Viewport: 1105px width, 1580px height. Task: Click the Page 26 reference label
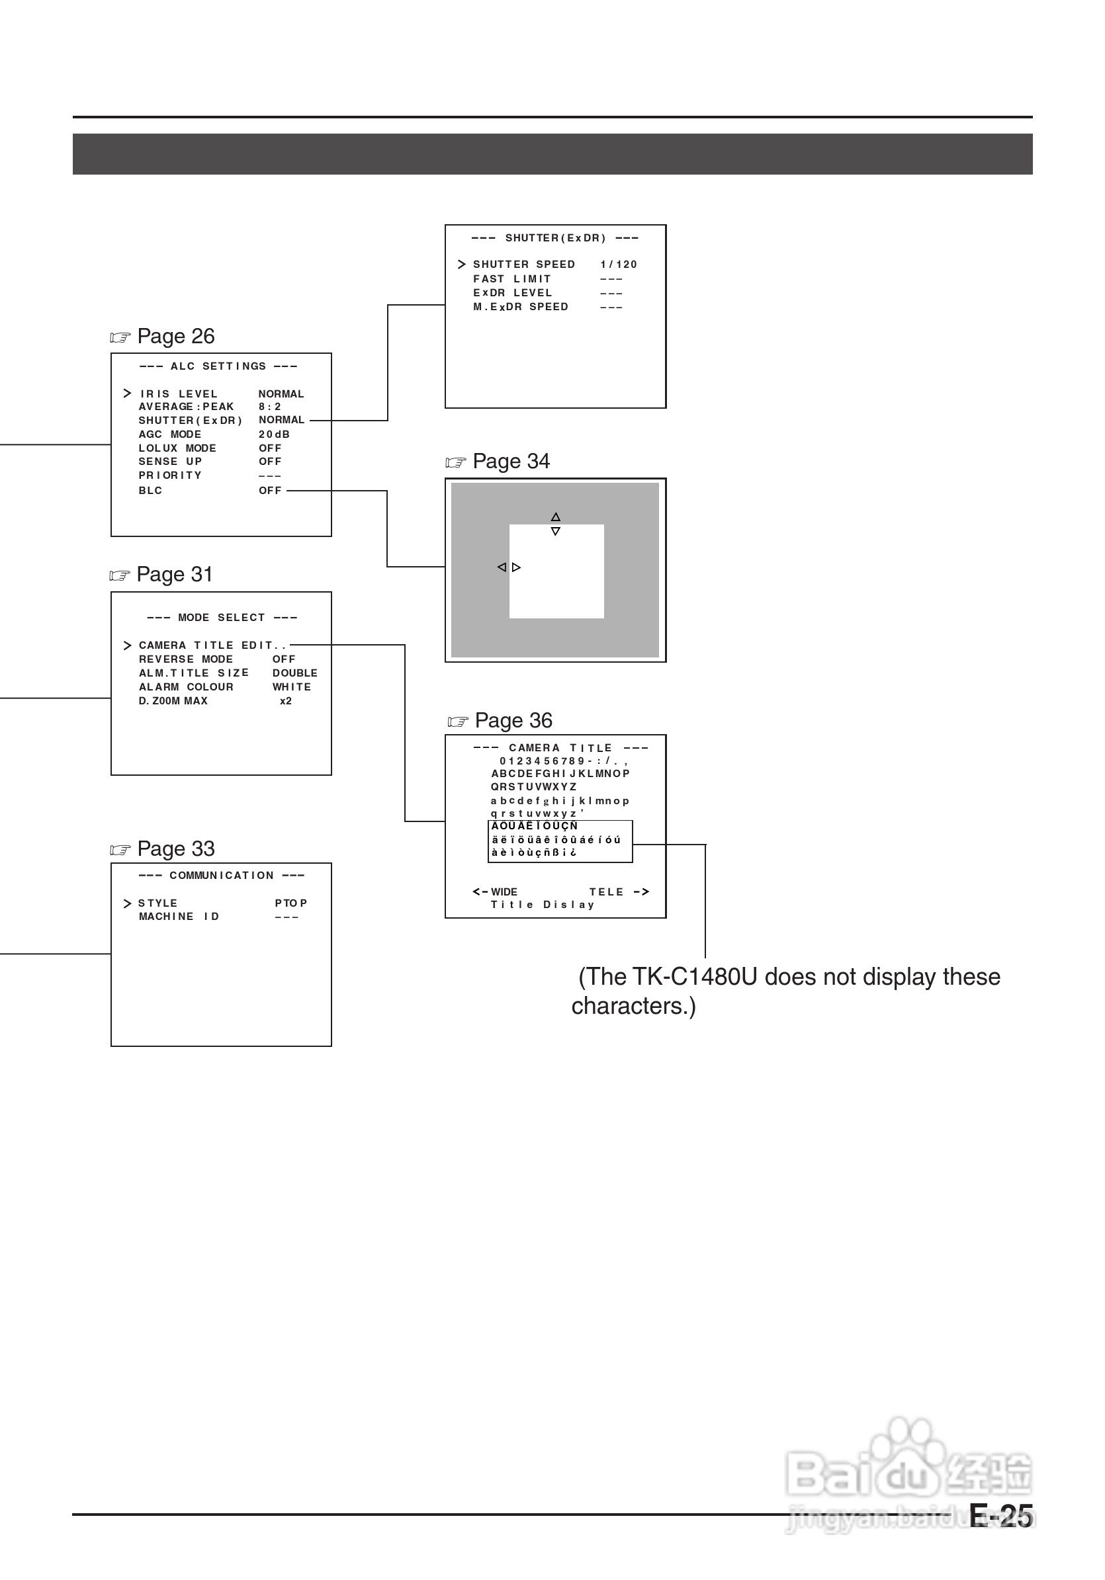(x=175, y=337)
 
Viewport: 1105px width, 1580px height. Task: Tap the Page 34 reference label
(x=510, y=462)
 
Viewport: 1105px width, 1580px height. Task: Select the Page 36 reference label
(x=513, y=720)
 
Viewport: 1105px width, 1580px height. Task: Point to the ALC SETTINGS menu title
(x=218, y=367)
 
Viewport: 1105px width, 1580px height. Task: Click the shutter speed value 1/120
(x=618, y=265)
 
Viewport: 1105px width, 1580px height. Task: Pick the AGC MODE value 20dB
(x=274, y=435)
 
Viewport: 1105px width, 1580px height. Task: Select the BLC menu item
(x=151, y=491)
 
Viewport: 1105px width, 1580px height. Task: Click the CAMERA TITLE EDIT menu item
(x=211, y=645)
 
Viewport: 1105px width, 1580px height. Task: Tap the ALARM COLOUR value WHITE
(x=291, y=687)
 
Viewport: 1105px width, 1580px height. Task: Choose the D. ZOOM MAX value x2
(x=286, y=701)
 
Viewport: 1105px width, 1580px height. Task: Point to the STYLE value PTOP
(x=290, y=903)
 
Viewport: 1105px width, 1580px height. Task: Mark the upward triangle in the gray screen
(x=556, y=517)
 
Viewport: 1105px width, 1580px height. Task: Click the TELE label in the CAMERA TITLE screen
(x=606, y=892)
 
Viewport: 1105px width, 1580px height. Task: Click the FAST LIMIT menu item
(x=512, y=279)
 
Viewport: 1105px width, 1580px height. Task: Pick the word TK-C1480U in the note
(x=695, y=977)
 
